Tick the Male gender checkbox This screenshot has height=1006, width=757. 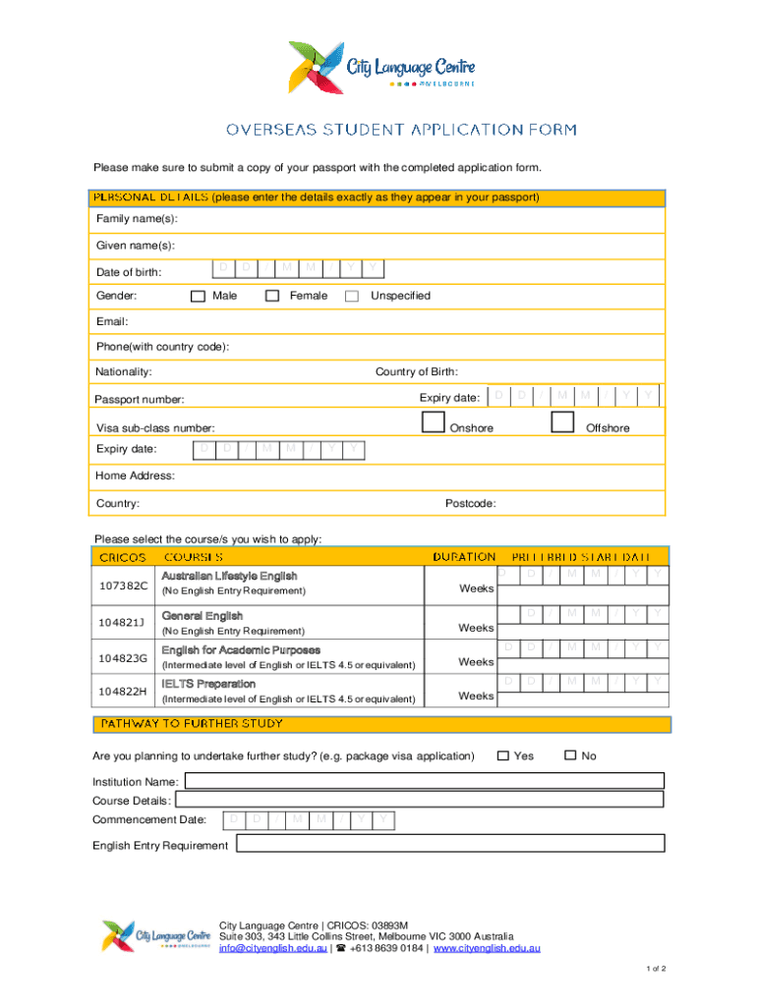pyautogui.click(x=198, y=296)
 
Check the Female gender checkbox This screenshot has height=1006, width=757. pyautogui.click(x=272, y=296)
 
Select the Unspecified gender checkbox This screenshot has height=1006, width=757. pyautogui.click(x=352, y=296)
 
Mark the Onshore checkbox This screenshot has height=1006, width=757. pyautogui.click(x=432, y=421)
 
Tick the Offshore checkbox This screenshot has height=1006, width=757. pyautogui.click(x=562, y=421)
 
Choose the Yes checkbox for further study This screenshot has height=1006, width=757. pyautogui.click(x=502, y=755)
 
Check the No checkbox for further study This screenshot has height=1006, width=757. pyautogui.click(x=570, y=755)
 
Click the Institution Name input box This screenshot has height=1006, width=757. pyautogui.click(x=424, y=781)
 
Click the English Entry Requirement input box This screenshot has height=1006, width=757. pyautogui.click(x=449, y=844)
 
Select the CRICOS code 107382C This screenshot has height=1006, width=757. pyautogui.click(x=124, y=586)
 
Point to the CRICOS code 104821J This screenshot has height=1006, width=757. pyautogui.click(x=124, y=623)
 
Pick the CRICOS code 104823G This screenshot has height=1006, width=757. pyautogui.click(x=124, y=657)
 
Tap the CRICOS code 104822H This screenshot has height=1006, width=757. pyautogui.click(x=124, y=691)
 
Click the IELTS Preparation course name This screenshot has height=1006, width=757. pyautogui.click(x=208, y=684)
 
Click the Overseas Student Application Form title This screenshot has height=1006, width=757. pyautogui.click(x=401, y=130)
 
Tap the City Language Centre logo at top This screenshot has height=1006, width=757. pyautogui.click(x=382, y=68)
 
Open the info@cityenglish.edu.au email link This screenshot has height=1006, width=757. pyautogui.click(x=272, y=948)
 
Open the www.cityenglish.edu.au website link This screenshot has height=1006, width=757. pyautogui.click(x=487, y=948)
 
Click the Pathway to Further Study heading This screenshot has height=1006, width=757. pyautogui.click(x=191, y=724)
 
